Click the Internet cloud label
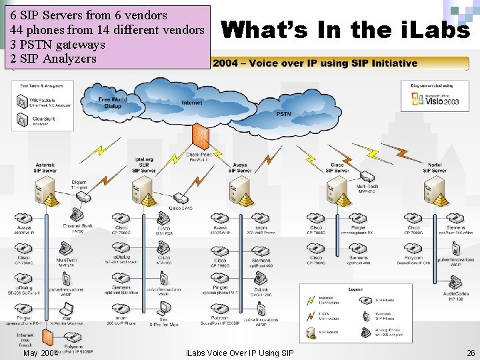pos(191,103)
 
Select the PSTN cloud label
pos(283,114)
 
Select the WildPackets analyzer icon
pos(23,101)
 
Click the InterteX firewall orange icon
pos(25,331)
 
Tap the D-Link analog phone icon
pos(261,279)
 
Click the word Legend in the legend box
pos(355,289)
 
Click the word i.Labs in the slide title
pos(436,29)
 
